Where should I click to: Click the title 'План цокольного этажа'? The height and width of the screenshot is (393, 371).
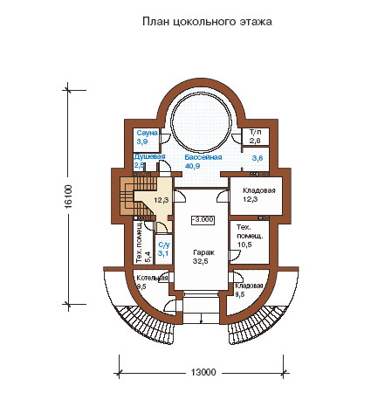(x=207, y=22)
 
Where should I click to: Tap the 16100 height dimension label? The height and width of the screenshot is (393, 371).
(x=68, y=196)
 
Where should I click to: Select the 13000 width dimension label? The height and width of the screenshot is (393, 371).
(x=203, y=372)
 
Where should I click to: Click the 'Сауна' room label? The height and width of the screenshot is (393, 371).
(x=148, y=133)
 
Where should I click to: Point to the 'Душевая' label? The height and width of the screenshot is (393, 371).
(x=149, y=156)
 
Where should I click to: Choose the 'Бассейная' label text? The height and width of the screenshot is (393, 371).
(x=203, y=157)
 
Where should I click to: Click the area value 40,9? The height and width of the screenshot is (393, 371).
(x=192, y=166)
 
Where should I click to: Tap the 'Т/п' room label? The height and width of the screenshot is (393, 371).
(x=256, y=133)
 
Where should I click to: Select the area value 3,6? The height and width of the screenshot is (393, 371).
(x=258, y=158)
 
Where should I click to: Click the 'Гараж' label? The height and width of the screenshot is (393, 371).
(x=204, y=252)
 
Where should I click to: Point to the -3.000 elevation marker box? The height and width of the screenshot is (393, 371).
(x=203, y=220)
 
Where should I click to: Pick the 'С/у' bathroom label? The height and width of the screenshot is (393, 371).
(x=163, y=245)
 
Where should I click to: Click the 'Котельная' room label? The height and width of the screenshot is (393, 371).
(x=152, y=278)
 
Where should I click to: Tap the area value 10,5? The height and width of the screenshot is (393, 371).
(x=244, y=245)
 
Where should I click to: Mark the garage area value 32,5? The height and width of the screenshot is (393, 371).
(x=201, y=261)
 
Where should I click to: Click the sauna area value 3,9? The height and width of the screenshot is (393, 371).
(x=142, y=141)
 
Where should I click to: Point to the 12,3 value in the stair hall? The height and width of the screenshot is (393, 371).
(x=161, y=200)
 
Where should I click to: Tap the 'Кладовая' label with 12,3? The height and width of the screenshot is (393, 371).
(x=259, y=190)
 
